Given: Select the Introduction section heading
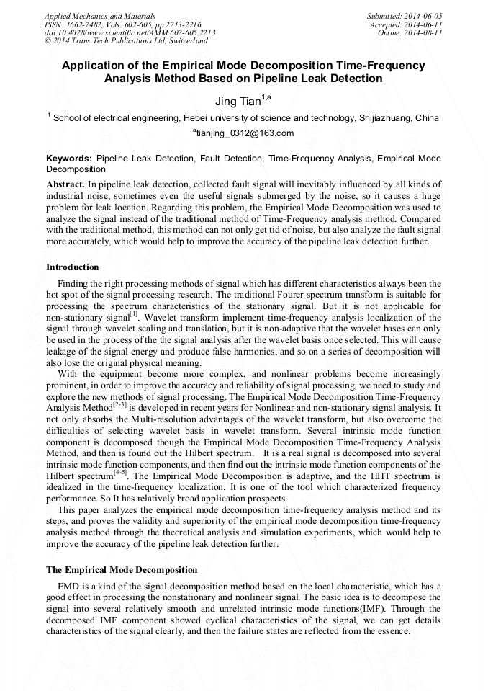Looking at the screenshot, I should pos(73,267).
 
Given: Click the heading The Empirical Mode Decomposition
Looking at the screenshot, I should pos(122,570).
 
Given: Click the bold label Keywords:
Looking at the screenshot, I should pos(69,158).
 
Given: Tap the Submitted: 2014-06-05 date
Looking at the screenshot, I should pos(405,16).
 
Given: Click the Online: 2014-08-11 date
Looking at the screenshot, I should pos(410,33).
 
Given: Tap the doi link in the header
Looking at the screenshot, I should pos(130,33).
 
